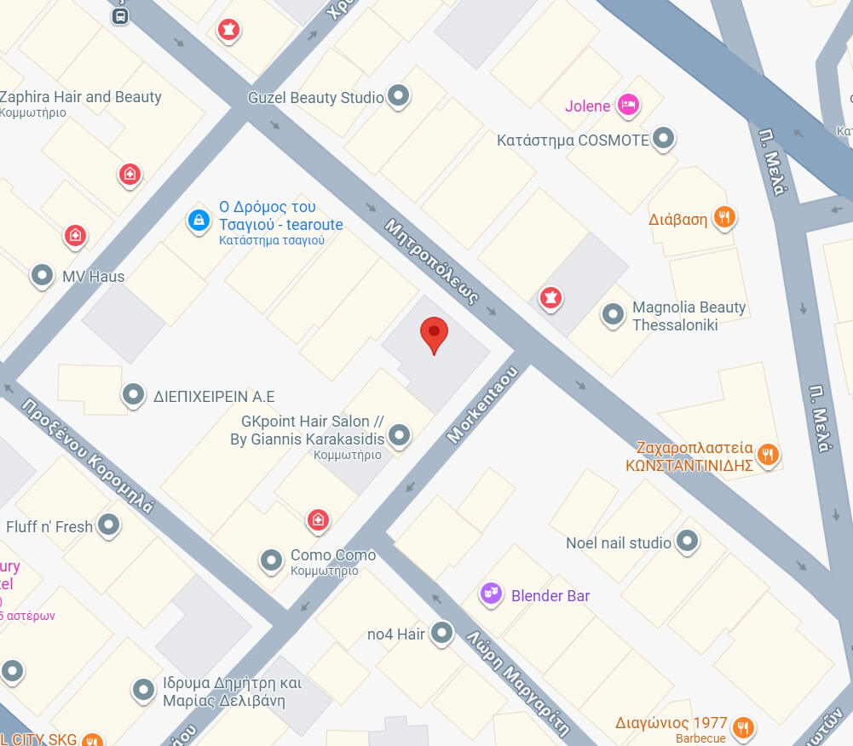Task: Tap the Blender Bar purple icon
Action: pos(491,594)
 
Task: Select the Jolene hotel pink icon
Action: pos(628,105)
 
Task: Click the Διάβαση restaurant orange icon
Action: pos(724,218)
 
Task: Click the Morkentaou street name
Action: pos(483,404)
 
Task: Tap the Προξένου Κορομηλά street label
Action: pos(89,455)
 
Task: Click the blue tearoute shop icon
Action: pos(199,221)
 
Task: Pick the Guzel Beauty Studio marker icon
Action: pos(398,96)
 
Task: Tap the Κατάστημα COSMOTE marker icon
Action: pos(664,139)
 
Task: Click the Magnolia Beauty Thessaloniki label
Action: pos(689,316)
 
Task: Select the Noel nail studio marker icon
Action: pos(686,541)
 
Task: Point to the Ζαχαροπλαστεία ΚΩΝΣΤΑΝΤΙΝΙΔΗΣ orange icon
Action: pos(769,454)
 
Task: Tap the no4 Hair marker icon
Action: pos(441,633)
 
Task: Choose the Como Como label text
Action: pos(333,555)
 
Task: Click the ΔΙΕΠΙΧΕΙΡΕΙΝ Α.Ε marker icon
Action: pos(133,394)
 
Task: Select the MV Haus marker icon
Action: pos(42,275)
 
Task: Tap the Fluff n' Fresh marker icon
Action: pos(108,525)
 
